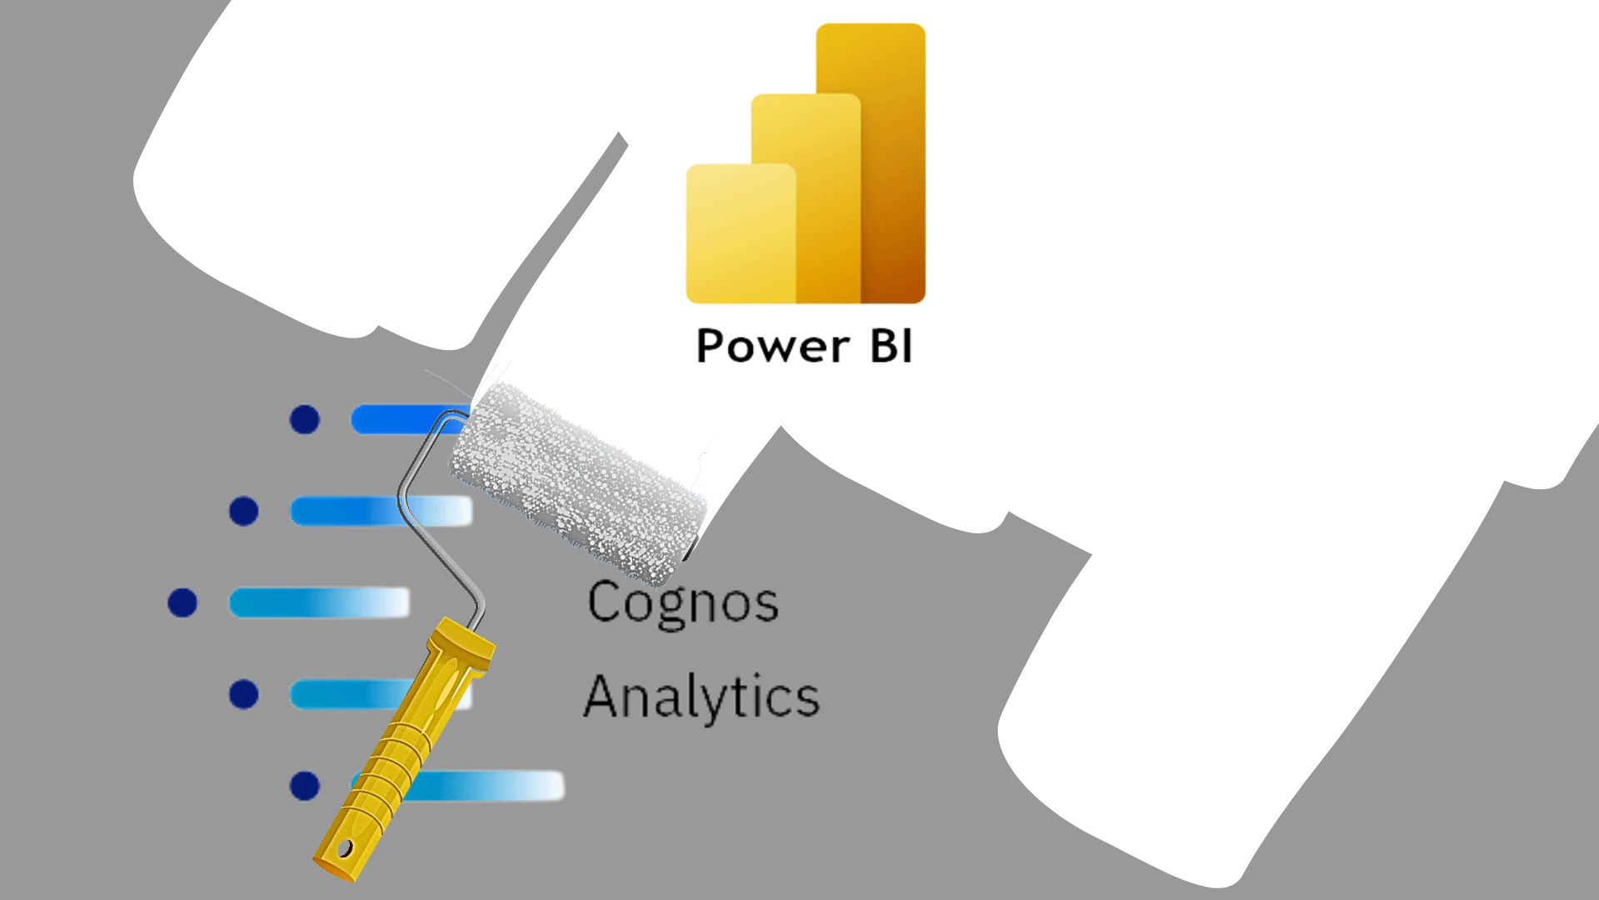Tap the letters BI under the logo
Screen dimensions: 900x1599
click(x=891, y=347)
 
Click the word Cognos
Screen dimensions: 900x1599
click(x=683, y=602)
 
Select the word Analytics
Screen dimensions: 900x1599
click(x=701, y=697)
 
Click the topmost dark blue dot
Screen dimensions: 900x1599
click(x=305, y=419)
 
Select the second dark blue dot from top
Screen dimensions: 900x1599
click(x=244, y=511)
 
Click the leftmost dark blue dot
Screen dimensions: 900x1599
click(x=182, y=602)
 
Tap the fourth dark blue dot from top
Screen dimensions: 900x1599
click(x=244, y=694)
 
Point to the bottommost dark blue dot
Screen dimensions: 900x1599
click(x=305, y=786)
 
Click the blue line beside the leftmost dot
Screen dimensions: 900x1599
click(x=319, y=602)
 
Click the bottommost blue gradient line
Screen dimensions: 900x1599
click(x=491, y=786)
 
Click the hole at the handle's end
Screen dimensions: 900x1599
click(x=344, y=850)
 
